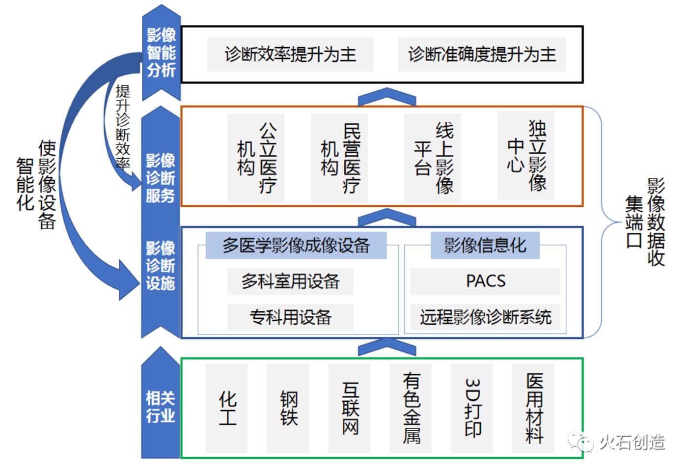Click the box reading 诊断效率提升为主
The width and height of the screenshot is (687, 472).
click(290, 55)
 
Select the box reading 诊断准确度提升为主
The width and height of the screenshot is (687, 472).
click(482, 55)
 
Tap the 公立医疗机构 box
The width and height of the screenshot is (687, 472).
click(255, 158)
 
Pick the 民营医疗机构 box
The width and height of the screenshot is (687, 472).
click(339, 158)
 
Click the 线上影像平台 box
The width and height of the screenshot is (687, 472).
click(433, 158)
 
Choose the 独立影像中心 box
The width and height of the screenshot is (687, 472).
click(525, 155)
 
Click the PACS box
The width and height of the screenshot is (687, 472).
click(486, 281)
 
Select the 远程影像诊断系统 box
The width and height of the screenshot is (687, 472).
click(486, 317)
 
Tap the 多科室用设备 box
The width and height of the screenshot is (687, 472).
click(290, 281)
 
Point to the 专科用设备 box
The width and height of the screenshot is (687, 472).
click(290, 317)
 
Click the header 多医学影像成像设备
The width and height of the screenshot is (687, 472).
click(296, 246)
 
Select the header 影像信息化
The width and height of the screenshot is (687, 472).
click(485, 246)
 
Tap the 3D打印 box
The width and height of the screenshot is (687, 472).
click(472, 408)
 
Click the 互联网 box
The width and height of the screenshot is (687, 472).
click(349, 408)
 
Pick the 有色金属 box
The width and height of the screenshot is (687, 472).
click(411, 408)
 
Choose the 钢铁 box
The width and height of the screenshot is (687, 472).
click(288, 408)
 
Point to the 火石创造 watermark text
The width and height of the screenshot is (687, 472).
click(632, 443)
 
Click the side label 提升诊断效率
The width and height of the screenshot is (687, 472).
click(123, 127)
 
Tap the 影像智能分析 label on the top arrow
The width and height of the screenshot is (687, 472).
click(162, 53)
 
